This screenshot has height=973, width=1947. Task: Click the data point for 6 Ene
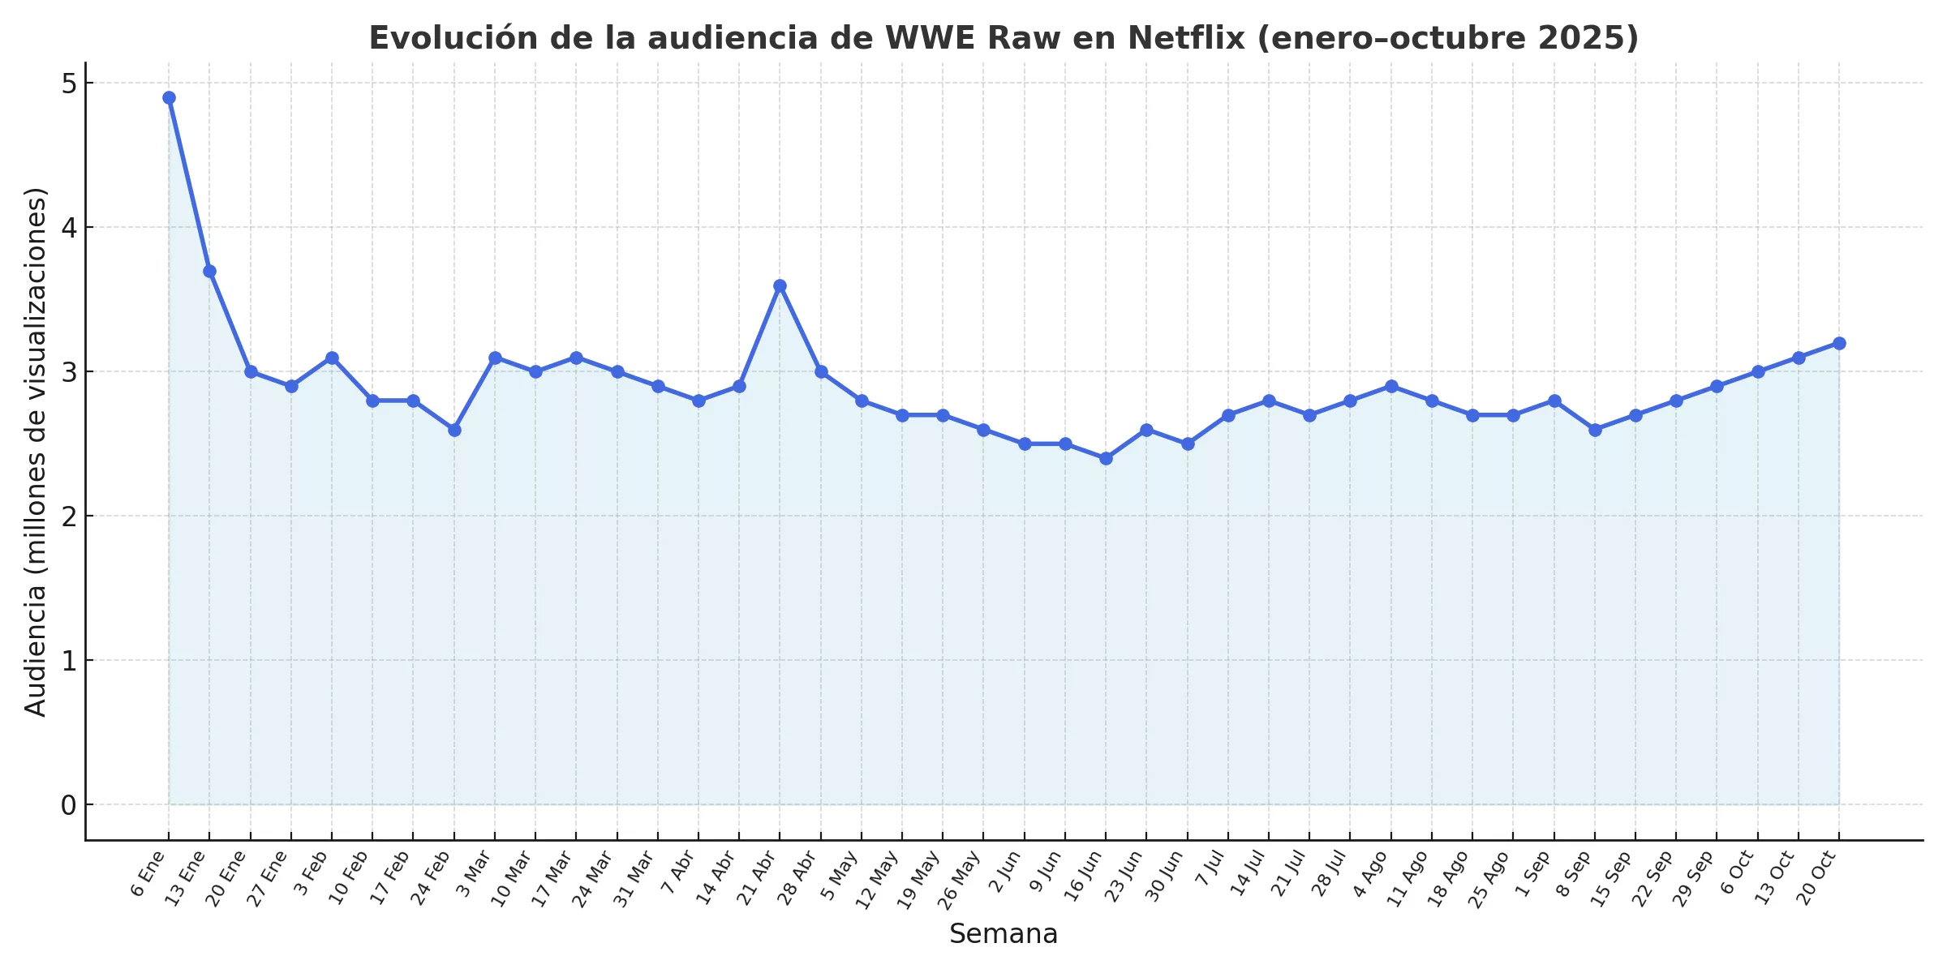point(169,98)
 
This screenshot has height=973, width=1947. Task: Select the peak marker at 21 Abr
point(780,286)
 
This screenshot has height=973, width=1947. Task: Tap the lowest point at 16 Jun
point(1106,459)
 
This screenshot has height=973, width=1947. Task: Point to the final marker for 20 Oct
point(1839,344)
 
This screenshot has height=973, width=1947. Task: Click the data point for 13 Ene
point(209,272)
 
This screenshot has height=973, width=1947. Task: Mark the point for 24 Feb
point(454,430)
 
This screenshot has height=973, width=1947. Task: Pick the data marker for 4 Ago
point(1391,387)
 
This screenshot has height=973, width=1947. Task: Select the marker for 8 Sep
point(1595,430)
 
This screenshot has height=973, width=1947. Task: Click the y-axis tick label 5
point(68,84)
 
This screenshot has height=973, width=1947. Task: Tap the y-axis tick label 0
point(68,805)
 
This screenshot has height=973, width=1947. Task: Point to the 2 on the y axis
point(68,517)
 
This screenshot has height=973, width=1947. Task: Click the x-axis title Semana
point(1004,934)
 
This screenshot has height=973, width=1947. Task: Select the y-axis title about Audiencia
point(36,452)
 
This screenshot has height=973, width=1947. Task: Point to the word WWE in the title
point(927,38)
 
